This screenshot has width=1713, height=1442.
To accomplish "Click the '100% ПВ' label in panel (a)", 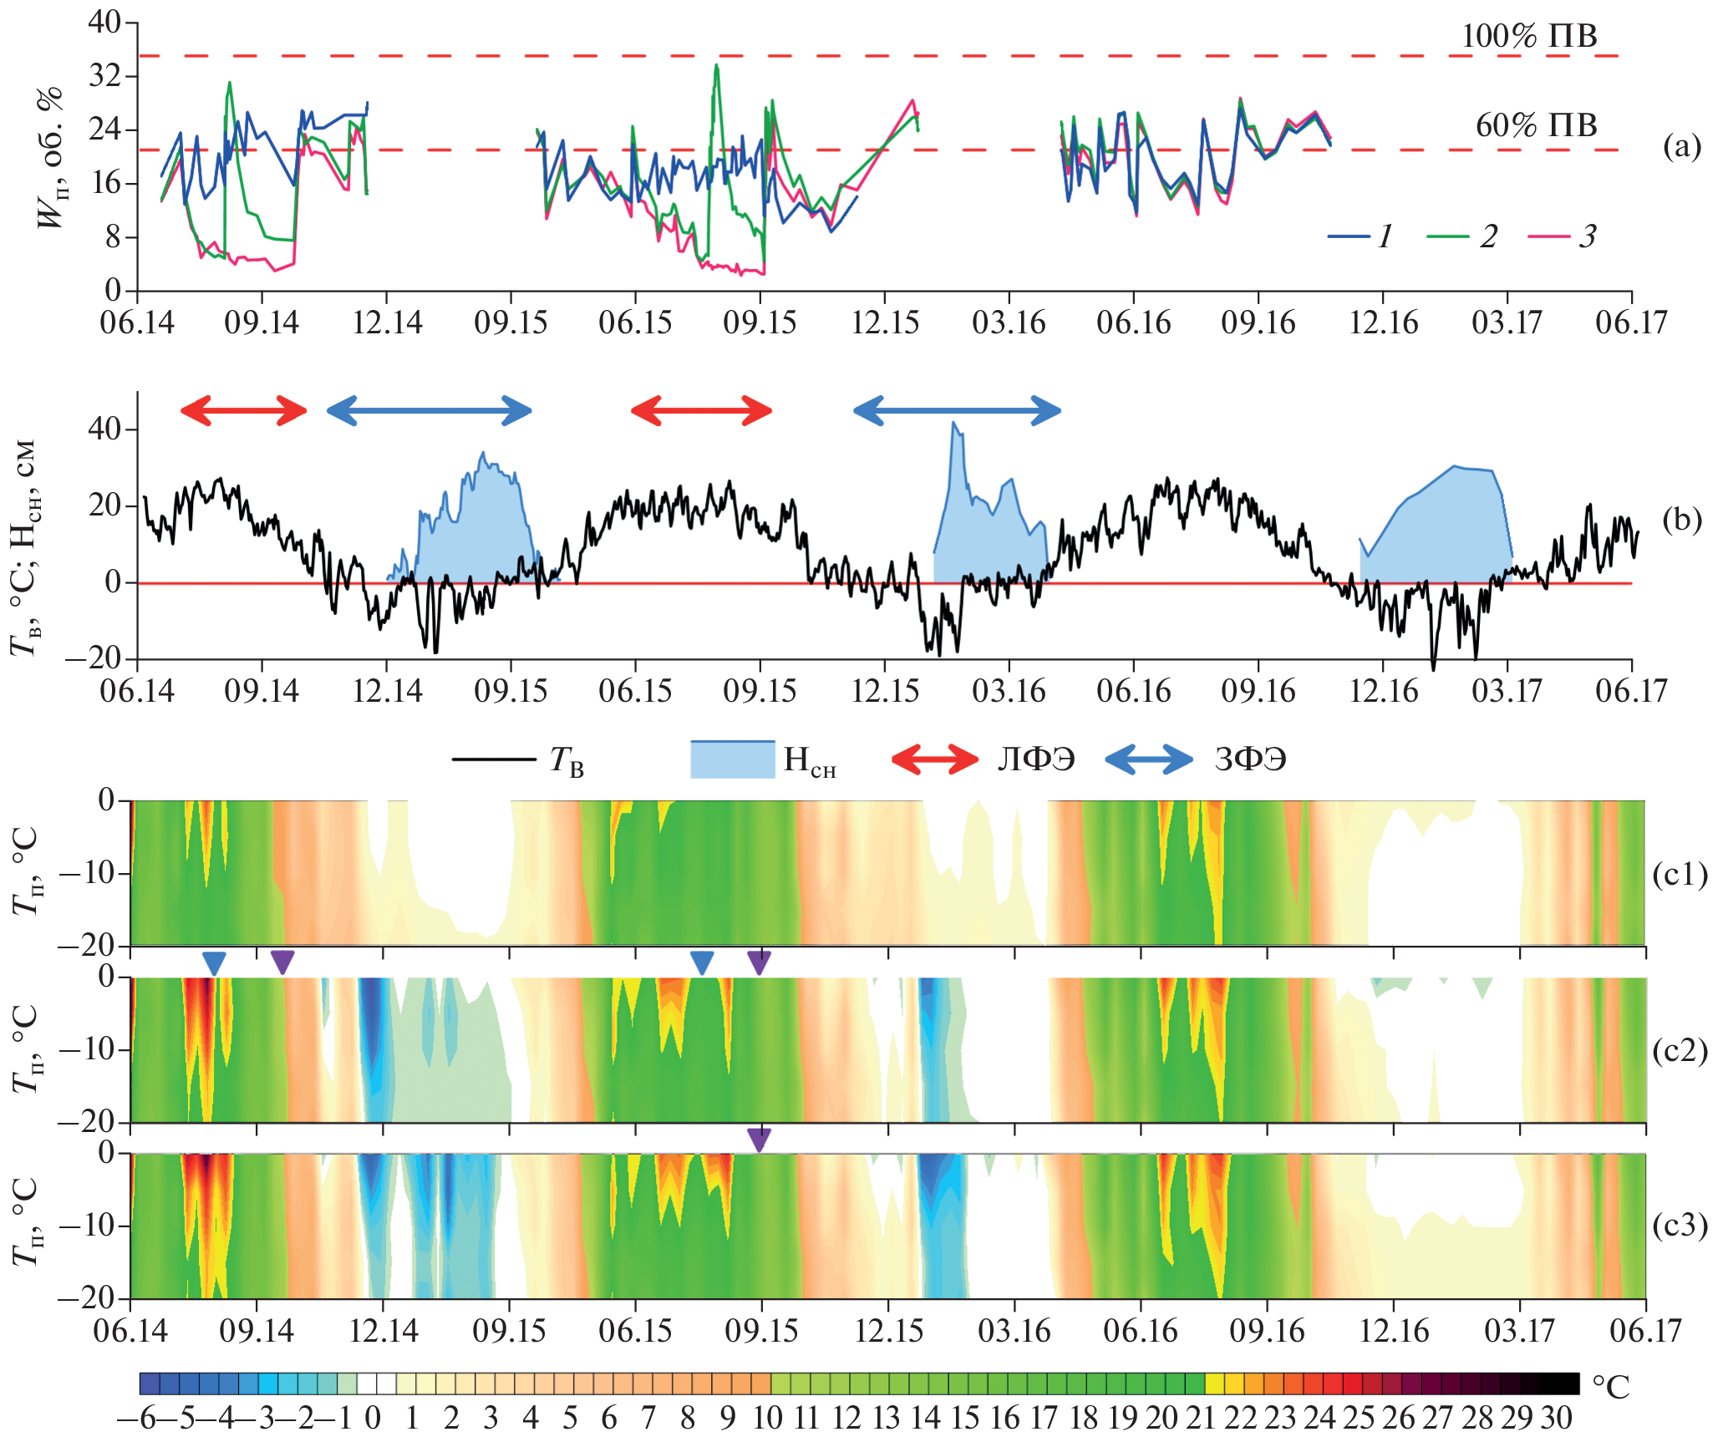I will pos(1528,36).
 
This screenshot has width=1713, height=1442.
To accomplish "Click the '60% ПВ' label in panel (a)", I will pos(1536,125).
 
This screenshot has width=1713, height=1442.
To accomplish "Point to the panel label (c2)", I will pos(1680,1050).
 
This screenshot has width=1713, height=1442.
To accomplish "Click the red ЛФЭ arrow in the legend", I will pos(934,759).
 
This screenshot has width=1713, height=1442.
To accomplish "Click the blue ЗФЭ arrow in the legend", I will pos(1148,759).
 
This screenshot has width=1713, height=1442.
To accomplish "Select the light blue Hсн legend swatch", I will pos(732,759).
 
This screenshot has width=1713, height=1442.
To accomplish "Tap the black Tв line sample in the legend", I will pos(493,759).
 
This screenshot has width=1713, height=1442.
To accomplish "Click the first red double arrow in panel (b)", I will pos(244,410).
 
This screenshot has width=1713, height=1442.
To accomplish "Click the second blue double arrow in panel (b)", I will pos(957,410).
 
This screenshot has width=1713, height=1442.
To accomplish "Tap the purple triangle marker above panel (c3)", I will pos(759,1140).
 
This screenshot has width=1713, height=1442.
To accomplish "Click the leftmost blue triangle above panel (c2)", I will pos(214,963).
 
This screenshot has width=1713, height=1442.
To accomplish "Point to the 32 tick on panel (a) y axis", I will pos(104,76).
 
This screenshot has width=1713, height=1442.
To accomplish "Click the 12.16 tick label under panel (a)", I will pos(1383,322).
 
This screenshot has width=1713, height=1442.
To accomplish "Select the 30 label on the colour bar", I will pos(1557,1419).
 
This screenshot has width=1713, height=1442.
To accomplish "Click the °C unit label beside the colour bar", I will pos(1610,1388).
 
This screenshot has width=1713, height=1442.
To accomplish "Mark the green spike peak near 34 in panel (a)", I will pos(716,66).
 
